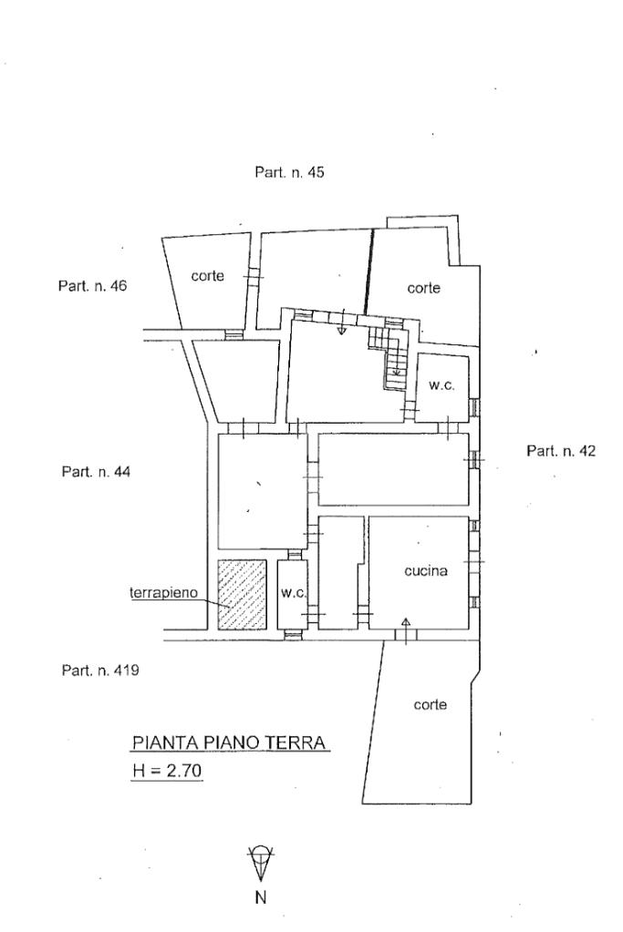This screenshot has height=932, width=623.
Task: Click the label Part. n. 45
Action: tap(289, 172)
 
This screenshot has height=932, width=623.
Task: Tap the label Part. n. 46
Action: tap(92, 285)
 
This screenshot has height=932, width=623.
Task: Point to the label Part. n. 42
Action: tap(561, 451)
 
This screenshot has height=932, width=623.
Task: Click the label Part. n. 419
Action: tap(99, 671)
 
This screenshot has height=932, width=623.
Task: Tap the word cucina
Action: tap(425, 571)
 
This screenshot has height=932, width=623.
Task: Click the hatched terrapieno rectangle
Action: tap(242, 594)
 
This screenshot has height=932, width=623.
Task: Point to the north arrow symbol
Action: tap(260, 861)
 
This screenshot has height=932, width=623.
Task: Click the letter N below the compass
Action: tap(260, 897)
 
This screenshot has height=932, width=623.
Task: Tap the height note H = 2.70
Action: tap(167, 772)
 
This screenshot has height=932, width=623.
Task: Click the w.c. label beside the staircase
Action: tap(441, 385)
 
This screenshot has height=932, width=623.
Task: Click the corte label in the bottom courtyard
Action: tap(430, 704)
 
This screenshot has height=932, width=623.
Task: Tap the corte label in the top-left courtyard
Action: tap(207, 275)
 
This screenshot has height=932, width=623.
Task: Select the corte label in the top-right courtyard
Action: tap(423, 288)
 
